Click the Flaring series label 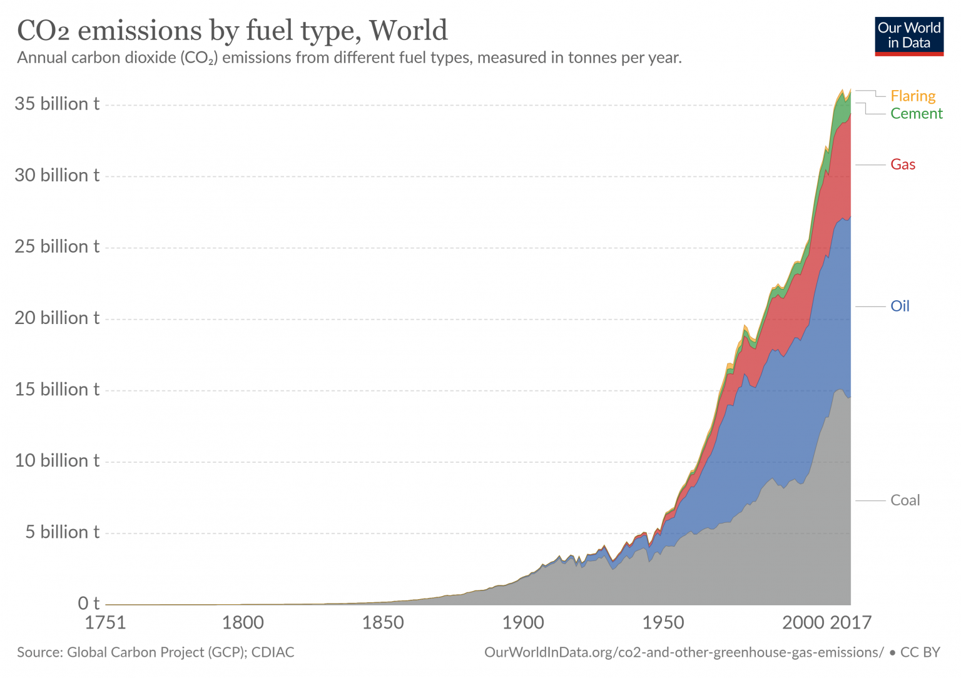coord(913,96)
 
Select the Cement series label coord(916,113)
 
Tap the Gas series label coord(903,164)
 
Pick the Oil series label coord(900,306)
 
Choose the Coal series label coord(905,500)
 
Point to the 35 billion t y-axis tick coord(57,104)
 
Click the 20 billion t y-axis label coord(57,318)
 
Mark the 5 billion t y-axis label coord(62,532)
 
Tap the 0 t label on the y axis coord(88,604)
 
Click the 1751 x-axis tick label coord(105,623)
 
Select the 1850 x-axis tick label coord(383,623)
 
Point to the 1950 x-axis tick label coord(663,623)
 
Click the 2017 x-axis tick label coord(850,623)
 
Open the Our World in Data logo coord(908,36)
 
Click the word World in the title coord(408,30)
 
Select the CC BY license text coord(920,652)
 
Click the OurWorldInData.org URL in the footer coord(684,652)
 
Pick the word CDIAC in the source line coord(273,652)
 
